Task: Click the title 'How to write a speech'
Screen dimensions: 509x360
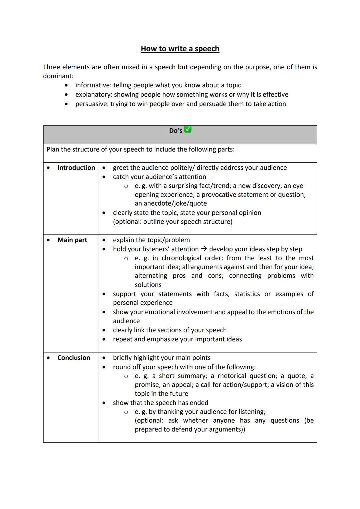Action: [x=180, y=49]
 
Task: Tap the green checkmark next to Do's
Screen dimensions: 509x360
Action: [x=188, y=129]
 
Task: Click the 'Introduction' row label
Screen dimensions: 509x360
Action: [x=76, y=168]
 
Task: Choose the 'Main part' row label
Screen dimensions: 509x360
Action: [x=72, y=240]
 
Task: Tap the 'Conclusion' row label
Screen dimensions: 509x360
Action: [x=74, y=358]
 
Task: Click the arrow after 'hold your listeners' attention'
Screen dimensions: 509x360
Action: [x=204, y=249]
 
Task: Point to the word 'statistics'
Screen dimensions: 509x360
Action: [x=247, y=294]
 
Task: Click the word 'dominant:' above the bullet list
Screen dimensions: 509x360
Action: [x=58, y=76]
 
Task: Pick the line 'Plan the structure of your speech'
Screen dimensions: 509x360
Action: [x=140, y=149]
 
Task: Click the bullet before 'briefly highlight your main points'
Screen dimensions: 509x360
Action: [x=104, y=358]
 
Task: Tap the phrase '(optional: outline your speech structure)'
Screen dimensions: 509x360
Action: [x=173, y=222]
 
